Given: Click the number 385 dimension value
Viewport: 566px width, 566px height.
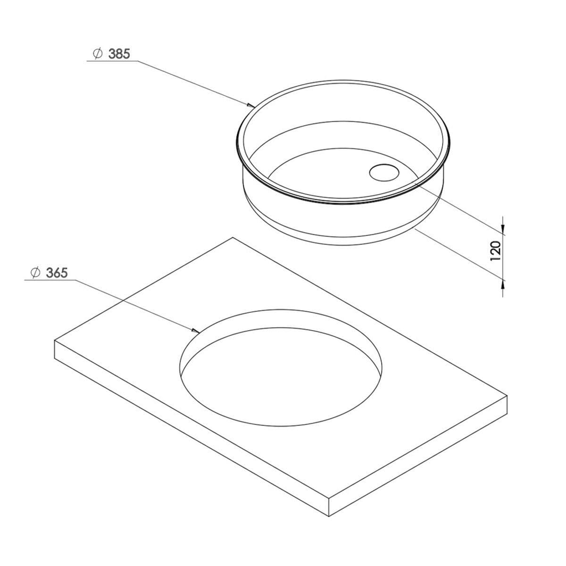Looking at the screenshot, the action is click(x=119, y=54).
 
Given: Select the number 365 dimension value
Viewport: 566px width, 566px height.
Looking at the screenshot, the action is click(x=57, y=273).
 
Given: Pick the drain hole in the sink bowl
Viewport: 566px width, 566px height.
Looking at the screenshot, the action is click(x=384, y=172).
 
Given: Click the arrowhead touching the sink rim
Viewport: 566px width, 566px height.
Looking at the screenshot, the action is click(x=251, y=105).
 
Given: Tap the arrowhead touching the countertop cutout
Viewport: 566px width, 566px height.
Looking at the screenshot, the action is click(x=196, y=331).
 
